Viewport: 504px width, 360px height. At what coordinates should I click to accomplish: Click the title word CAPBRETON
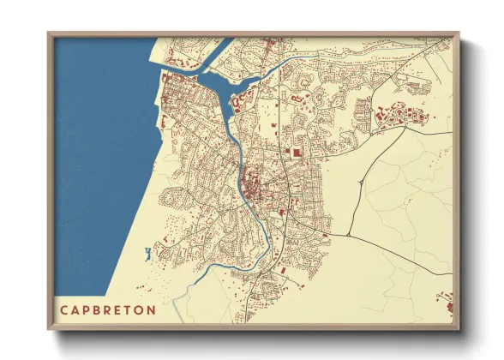click(107, 309)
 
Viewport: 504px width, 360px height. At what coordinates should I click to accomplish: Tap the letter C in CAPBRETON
click(63, 309)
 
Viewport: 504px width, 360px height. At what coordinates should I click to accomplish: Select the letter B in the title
click(96, 309)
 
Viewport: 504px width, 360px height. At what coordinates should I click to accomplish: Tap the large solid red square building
click(297, 152)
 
